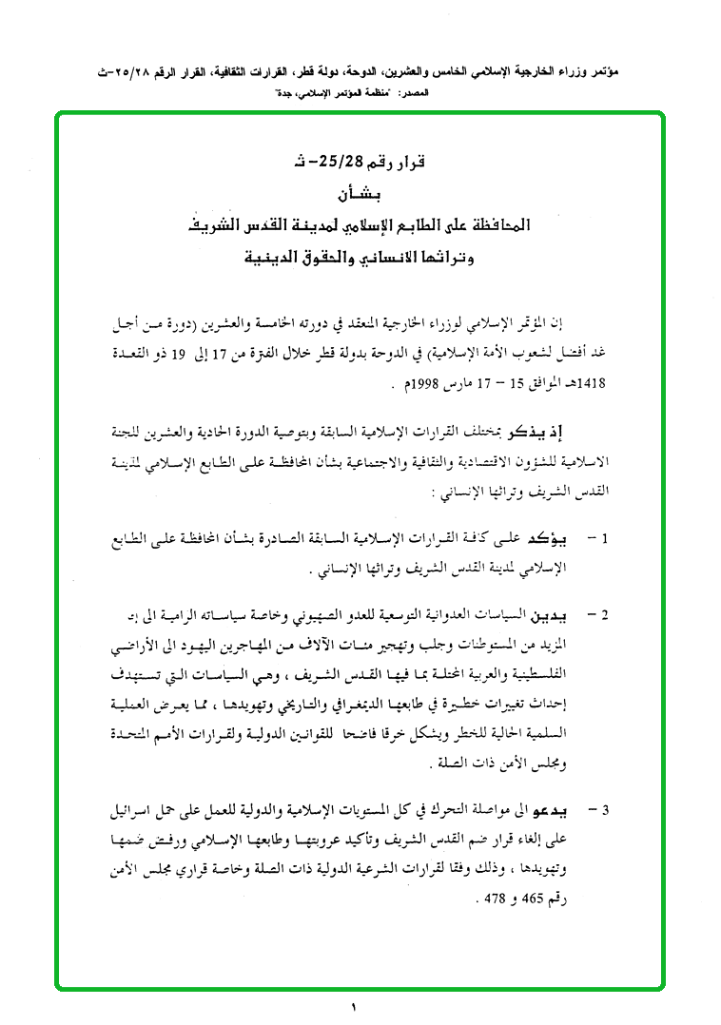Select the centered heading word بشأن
(x=358, y=196)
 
